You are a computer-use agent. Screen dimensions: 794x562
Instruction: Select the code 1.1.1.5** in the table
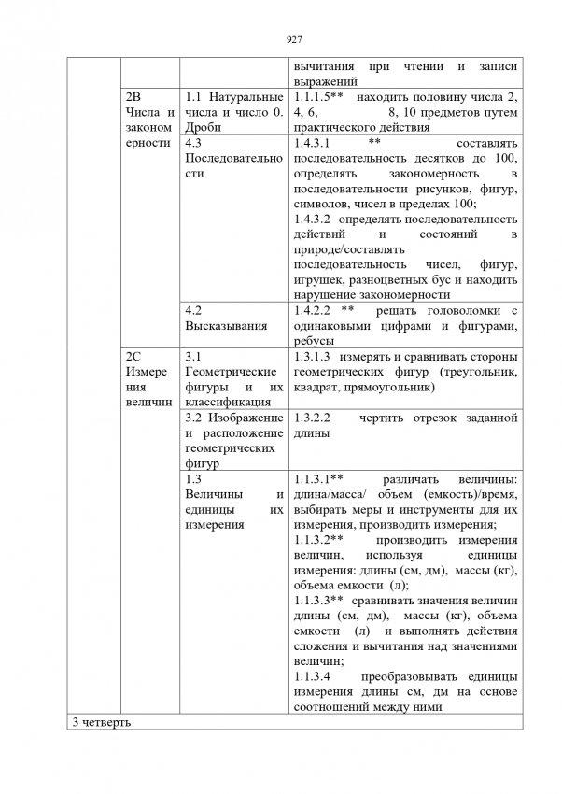click(x=320, y=98)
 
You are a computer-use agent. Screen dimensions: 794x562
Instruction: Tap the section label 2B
click(x=133, y=98)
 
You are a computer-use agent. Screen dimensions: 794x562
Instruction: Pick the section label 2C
click(x=133, y=357)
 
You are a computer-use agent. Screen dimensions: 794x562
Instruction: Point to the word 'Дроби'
click(x=203, y=128)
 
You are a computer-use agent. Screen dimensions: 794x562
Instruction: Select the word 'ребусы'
click(x=314, y=341)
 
